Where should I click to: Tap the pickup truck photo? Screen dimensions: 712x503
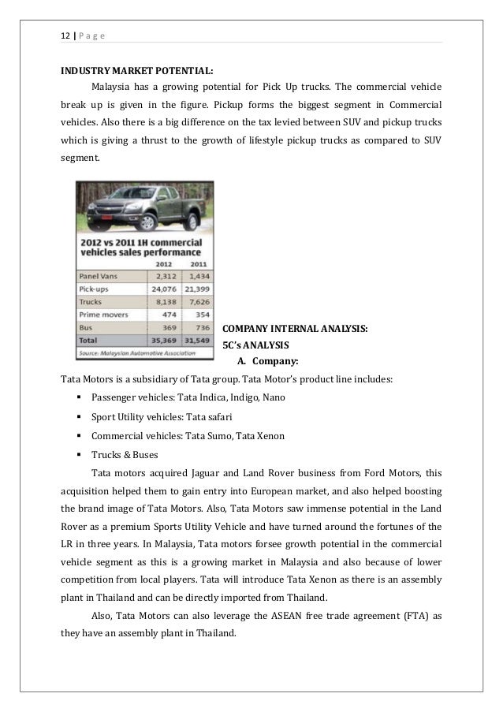pyautogui.click(x=145, y=204)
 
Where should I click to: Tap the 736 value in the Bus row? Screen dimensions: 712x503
pyautogui.click(x=201, y=326)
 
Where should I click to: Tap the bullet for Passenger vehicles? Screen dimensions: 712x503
pyautogui.click(x=80, y=398)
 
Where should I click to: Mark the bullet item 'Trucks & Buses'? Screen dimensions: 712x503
pyautogui.click(x=124, y=455)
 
